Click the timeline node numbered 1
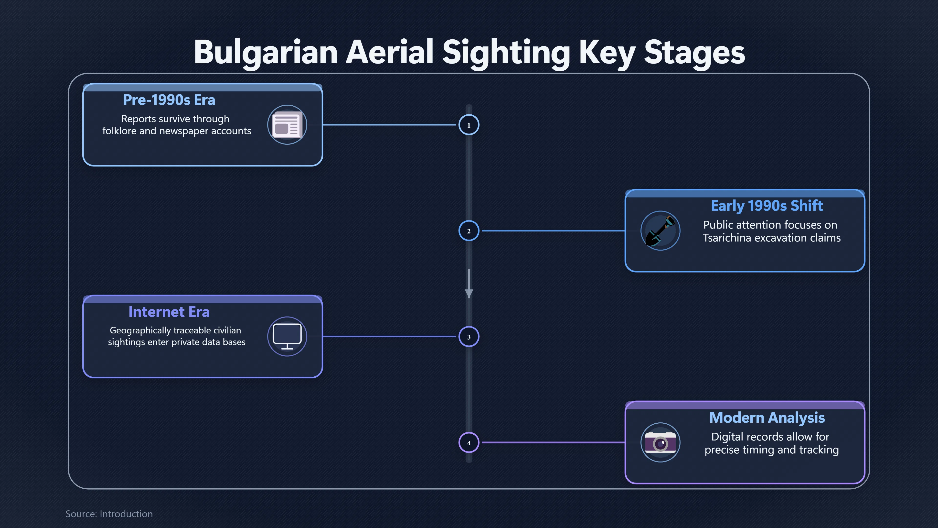[469, 125]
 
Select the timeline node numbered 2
[469, 231]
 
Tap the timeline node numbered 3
[469, 337]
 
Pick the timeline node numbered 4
[469, 443]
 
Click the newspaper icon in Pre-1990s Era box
[287, 125]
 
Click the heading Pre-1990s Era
[169, 100]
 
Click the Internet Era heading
[169, 312]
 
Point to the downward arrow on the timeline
[469, 284]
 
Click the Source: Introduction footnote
[109, 514]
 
